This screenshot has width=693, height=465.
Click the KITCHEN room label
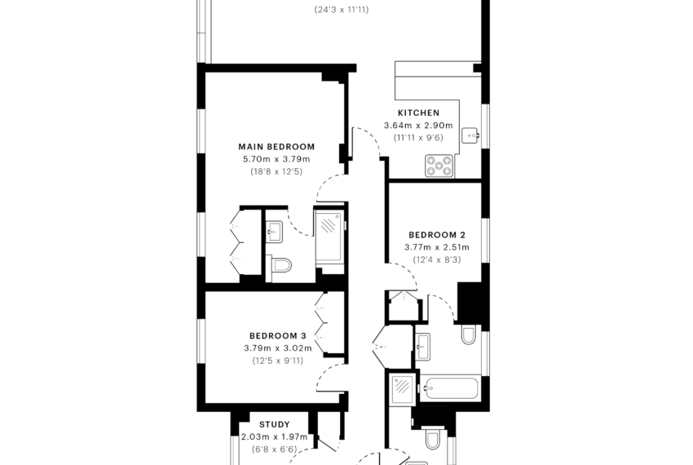(x=418, y=113)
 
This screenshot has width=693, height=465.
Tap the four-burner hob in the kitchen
(x=439, y=166)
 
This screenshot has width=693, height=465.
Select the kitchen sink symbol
(x=470, y=135)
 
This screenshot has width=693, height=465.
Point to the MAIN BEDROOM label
(x=276, y=147)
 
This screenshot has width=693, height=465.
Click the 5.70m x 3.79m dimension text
(x=276, y=159)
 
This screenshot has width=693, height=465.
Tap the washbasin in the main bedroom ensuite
(x=274, y=232)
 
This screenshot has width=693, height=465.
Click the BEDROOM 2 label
(x=437, y=235)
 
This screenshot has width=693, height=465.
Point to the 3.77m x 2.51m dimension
(x=437, y=247)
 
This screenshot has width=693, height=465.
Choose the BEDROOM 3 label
(x=278, y=336)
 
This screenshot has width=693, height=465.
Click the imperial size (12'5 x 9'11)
(x=278, y=361)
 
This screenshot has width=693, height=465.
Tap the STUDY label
(x=275, y=425)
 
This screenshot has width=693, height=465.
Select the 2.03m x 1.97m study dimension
(x=275, y=437)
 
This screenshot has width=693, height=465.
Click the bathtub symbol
(x=448, y=388)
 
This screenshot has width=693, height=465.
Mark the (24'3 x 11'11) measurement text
(x=342, y=10)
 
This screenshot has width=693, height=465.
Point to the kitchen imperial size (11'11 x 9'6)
(x=418, y=138)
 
